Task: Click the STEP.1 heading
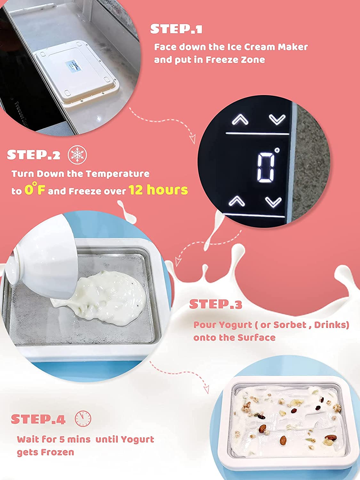[176, 29]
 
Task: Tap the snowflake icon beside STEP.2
[77, 155]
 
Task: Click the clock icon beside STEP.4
[83, 419]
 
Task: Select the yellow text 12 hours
[158, 189]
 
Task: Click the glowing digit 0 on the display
[266, 167]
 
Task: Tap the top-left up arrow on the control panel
[240, 119]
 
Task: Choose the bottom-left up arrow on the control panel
[237, 201]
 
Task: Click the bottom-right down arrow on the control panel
[273, 202]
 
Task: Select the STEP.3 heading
[216, 304]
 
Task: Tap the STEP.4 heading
[38, 419]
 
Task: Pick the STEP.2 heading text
[34, 155]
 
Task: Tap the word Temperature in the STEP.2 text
[117, 174]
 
